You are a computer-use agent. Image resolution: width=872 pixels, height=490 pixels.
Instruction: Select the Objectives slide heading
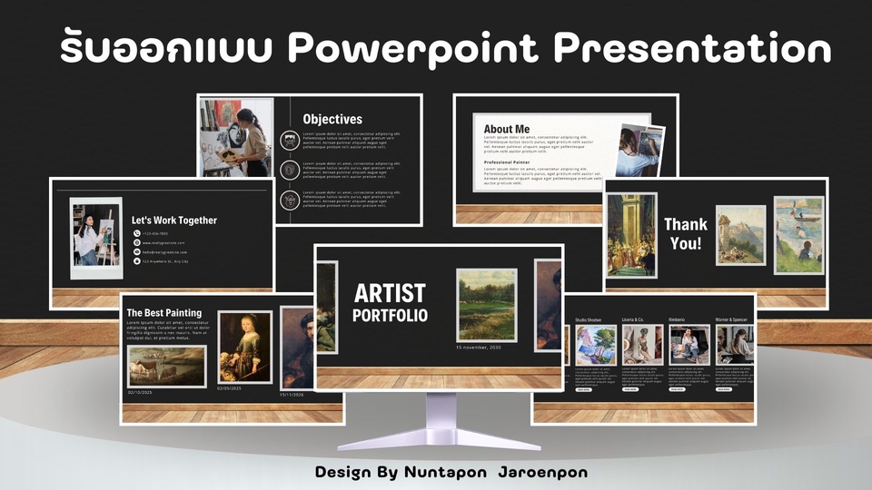(x=332, y=119)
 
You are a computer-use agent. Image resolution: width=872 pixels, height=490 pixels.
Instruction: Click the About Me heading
(x=507, y=130)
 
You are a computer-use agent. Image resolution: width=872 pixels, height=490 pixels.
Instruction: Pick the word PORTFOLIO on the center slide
(x=390, y=316)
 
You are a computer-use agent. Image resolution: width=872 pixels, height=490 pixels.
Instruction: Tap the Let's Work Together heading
(x=174, y=220)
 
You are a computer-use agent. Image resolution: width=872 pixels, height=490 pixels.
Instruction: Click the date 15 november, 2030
(x=478, y=348)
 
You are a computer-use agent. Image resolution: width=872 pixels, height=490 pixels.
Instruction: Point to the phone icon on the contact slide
(x=136, y=233)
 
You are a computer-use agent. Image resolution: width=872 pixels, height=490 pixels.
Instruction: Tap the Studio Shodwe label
(x=589, y=320)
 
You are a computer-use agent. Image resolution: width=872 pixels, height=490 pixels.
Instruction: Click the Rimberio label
(x=678, y=320)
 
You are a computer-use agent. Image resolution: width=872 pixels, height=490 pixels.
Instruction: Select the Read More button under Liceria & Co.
(x=630, y=388)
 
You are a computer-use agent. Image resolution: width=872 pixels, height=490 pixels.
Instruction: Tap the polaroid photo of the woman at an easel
(x=95, y=236)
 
